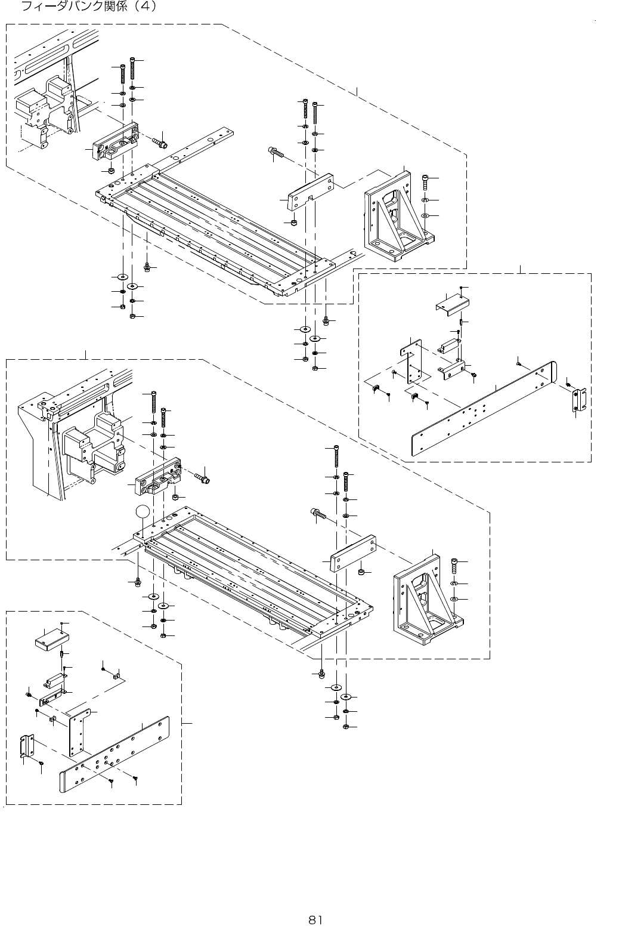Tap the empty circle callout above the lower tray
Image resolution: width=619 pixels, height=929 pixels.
(142, 511)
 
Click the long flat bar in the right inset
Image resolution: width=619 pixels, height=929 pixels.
(483, 412)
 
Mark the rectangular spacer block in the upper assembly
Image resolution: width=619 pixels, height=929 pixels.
(309, 191)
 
